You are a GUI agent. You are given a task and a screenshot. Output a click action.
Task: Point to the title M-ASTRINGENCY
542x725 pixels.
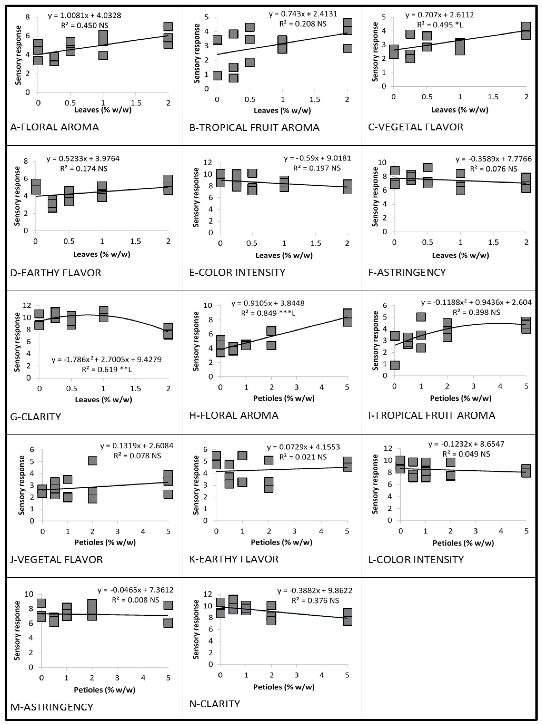point(52,707)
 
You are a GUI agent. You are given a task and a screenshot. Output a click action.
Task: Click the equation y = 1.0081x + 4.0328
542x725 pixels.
point(85,15)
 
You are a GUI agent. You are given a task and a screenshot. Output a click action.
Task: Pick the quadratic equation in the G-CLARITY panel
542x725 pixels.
point(106,359)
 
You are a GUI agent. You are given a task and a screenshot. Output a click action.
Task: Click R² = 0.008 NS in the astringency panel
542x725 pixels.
point(136,600)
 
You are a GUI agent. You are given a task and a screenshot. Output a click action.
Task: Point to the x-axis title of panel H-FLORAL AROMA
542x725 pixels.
point(284,398)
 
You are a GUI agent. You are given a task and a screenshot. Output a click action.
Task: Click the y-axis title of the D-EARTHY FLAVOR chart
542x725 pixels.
point(17,196)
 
